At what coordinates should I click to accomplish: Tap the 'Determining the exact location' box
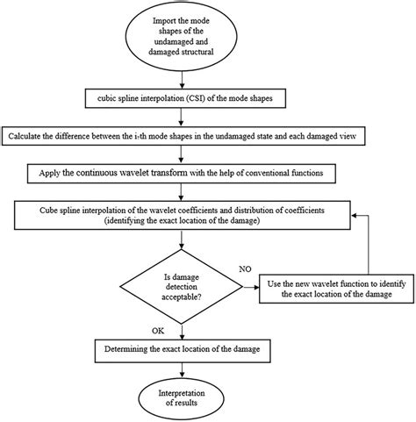point(182,349)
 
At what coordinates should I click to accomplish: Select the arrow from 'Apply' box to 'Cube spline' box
point(182,191)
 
